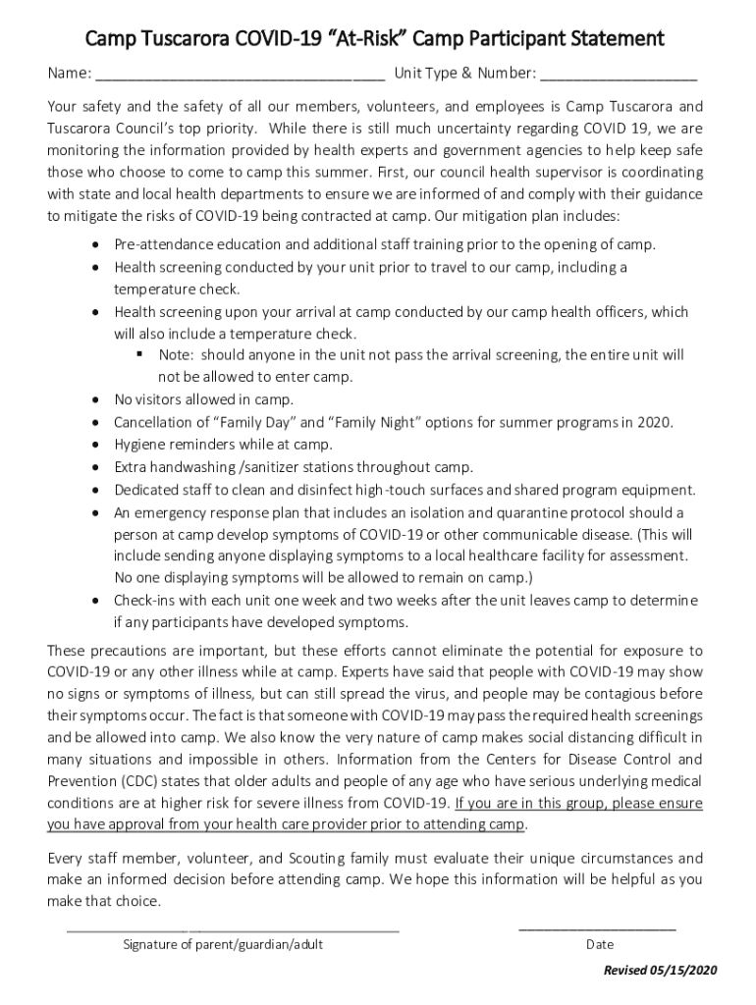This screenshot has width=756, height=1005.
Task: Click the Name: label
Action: [x=70, y=74]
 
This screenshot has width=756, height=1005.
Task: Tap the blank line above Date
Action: [x=597, y=927]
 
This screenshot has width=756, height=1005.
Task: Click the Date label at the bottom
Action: [x=599, y=945]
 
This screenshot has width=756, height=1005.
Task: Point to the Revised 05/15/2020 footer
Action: [x=661, y=971]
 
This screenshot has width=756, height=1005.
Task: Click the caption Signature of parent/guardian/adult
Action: [x=223, y=945]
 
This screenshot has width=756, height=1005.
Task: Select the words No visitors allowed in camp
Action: [x=203, y=399]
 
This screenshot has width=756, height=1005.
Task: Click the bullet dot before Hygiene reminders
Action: [x=94, y=445]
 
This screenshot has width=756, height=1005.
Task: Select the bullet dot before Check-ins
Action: [x=94, y=601]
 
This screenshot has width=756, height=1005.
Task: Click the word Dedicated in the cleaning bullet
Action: [x=145, y=490]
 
